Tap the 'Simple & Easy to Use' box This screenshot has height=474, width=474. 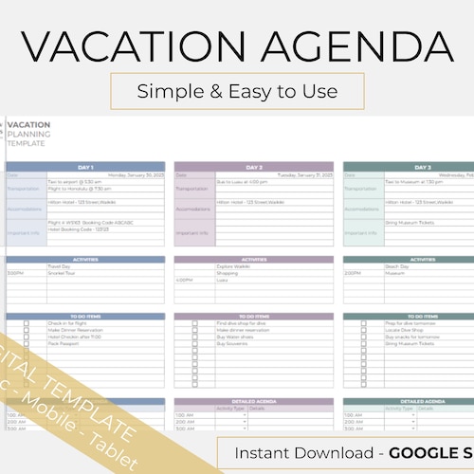(x=237, y=91)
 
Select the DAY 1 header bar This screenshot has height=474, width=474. (x=85, y=167)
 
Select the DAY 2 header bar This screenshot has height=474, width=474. (x=253, y=167)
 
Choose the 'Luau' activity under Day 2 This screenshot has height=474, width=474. (x=224, y=280)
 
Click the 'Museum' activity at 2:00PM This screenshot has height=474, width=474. (x=394, y=273)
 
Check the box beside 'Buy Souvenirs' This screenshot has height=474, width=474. (x=194, y=344)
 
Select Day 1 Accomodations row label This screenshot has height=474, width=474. (x=26, y=209)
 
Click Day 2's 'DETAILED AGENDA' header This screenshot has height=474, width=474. (x=253, y=401)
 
